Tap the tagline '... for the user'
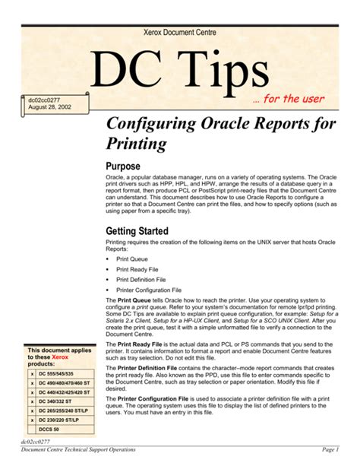tap(289, 99)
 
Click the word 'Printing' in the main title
tap(138, 144)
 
